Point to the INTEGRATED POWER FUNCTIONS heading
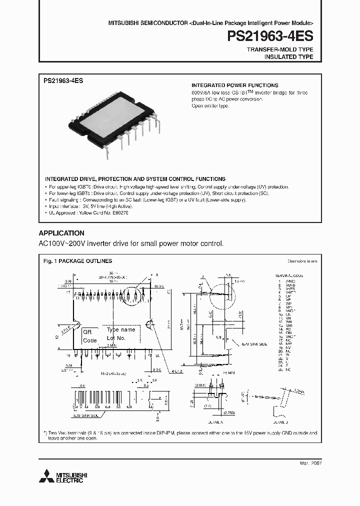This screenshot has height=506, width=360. (x=235, y=85)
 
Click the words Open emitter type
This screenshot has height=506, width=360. (x=210, y=106)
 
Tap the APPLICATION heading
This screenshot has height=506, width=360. (x=61, y=233)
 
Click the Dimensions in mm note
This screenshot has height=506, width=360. (x=301, y=261)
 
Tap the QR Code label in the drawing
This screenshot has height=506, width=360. (x=89, y=336)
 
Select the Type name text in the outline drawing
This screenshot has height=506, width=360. (x=120, y=330)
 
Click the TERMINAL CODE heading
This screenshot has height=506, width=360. (x=290, y=275)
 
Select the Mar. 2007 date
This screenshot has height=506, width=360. (x=310, y=463)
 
